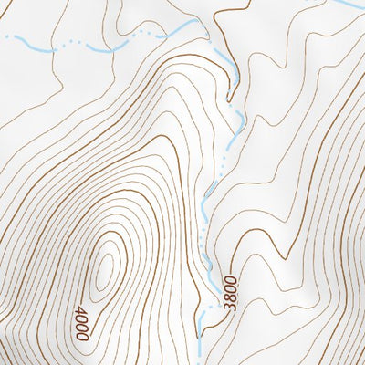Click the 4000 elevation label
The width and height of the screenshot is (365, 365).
click(x=83, y=322)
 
